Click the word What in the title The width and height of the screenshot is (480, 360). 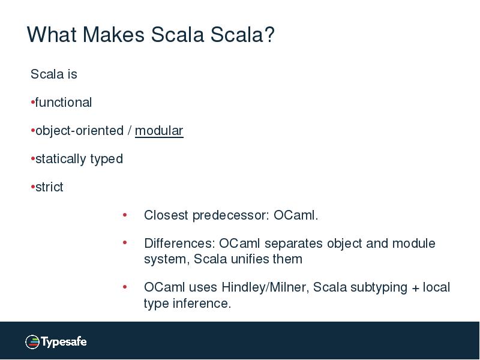click(52, 35)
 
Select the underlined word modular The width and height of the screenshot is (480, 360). click(159, 131)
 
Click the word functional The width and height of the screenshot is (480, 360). click(64, 103)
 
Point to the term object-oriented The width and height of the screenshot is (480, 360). click(79, 131)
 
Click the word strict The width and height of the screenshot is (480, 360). click(49, 187)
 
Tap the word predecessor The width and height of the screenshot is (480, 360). click(232, 215)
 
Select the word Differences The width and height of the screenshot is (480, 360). click(179, 244)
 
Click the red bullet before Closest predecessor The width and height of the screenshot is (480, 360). click(125, 214)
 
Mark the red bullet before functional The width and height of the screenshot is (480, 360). click(32, 103)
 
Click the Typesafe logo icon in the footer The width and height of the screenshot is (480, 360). click(32, 342)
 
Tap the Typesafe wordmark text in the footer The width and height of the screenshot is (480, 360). click(64, 342)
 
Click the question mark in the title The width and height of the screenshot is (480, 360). click(268, 35)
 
